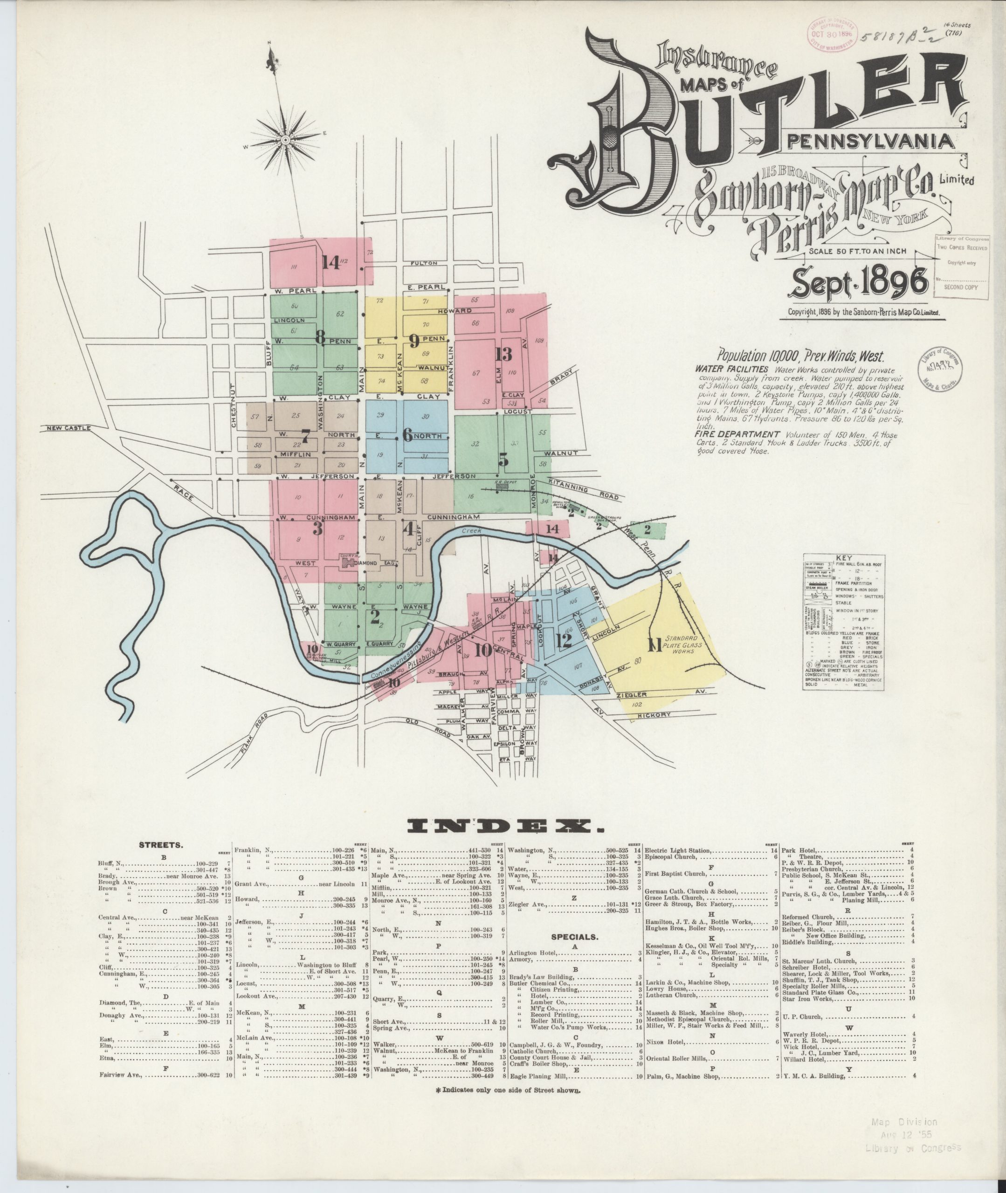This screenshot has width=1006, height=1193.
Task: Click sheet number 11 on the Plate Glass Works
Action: pos(654,645)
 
